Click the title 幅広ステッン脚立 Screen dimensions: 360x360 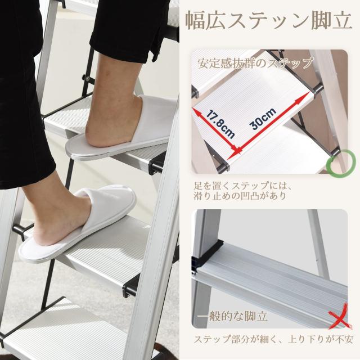268,21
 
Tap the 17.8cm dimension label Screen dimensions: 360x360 220,124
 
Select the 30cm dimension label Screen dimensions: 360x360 263,119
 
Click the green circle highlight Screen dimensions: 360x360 341,164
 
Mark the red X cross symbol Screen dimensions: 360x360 339,317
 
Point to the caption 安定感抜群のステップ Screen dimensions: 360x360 255,62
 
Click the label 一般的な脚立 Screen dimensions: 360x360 232,317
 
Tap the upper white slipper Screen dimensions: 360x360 119,129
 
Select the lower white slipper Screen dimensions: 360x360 77,224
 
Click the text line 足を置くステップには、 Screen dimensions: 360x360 242,186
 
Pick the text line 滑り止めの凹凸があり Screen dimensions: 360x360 240,196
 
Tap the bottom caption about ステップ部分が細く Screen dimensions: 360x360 273,339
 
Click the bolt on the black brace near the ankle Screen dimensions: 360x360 87,78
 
